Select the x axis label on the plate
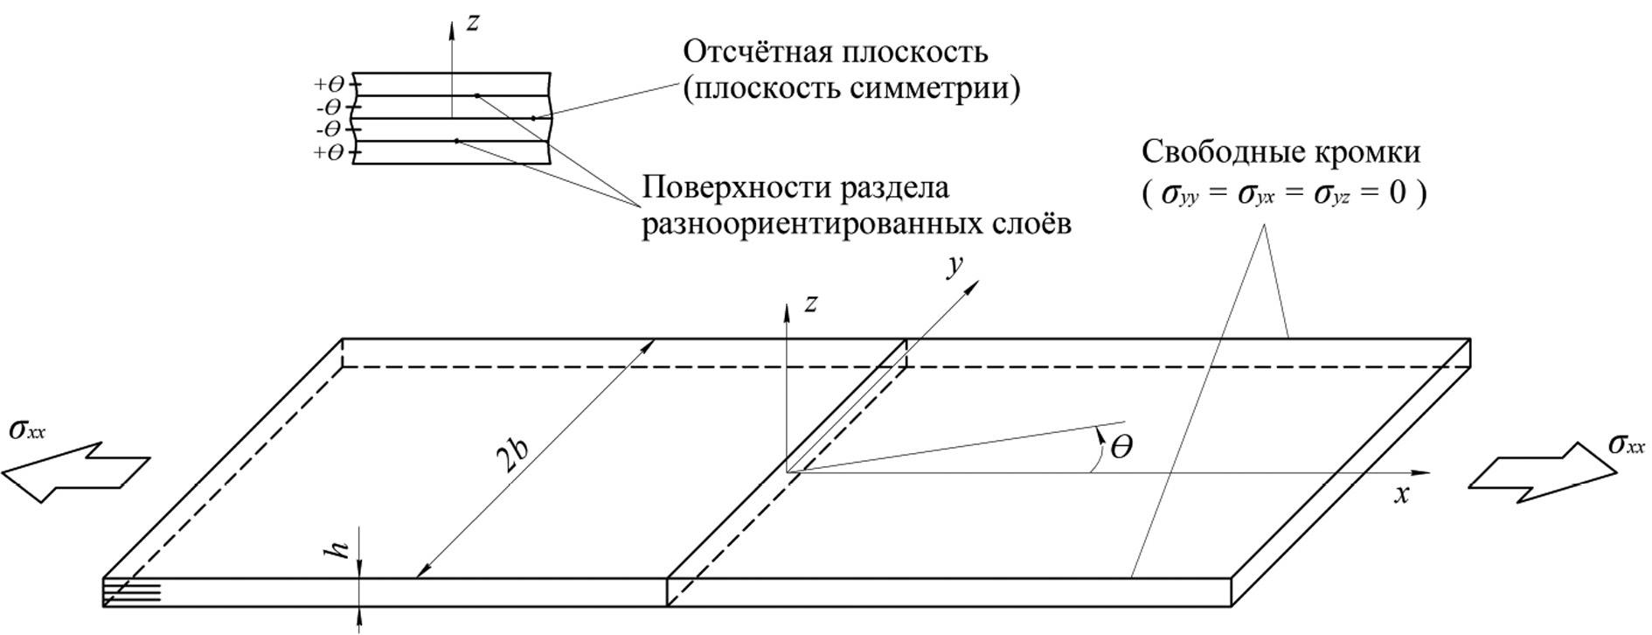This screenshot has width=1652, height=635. point(1402,495)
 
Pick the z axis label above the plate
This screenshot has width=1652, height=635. point(812,304)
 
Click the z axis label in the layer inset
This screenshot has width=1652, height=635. point(473,23)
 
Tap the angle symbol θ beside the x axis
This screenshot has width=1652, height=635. point(1121,449)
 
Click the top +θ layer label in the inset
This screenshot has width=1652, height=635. point(330,85)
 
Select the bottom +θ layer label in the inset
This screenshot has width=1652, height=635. point(330,154)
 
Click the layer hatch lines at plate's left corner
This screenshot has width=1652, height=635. point(132,592)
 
